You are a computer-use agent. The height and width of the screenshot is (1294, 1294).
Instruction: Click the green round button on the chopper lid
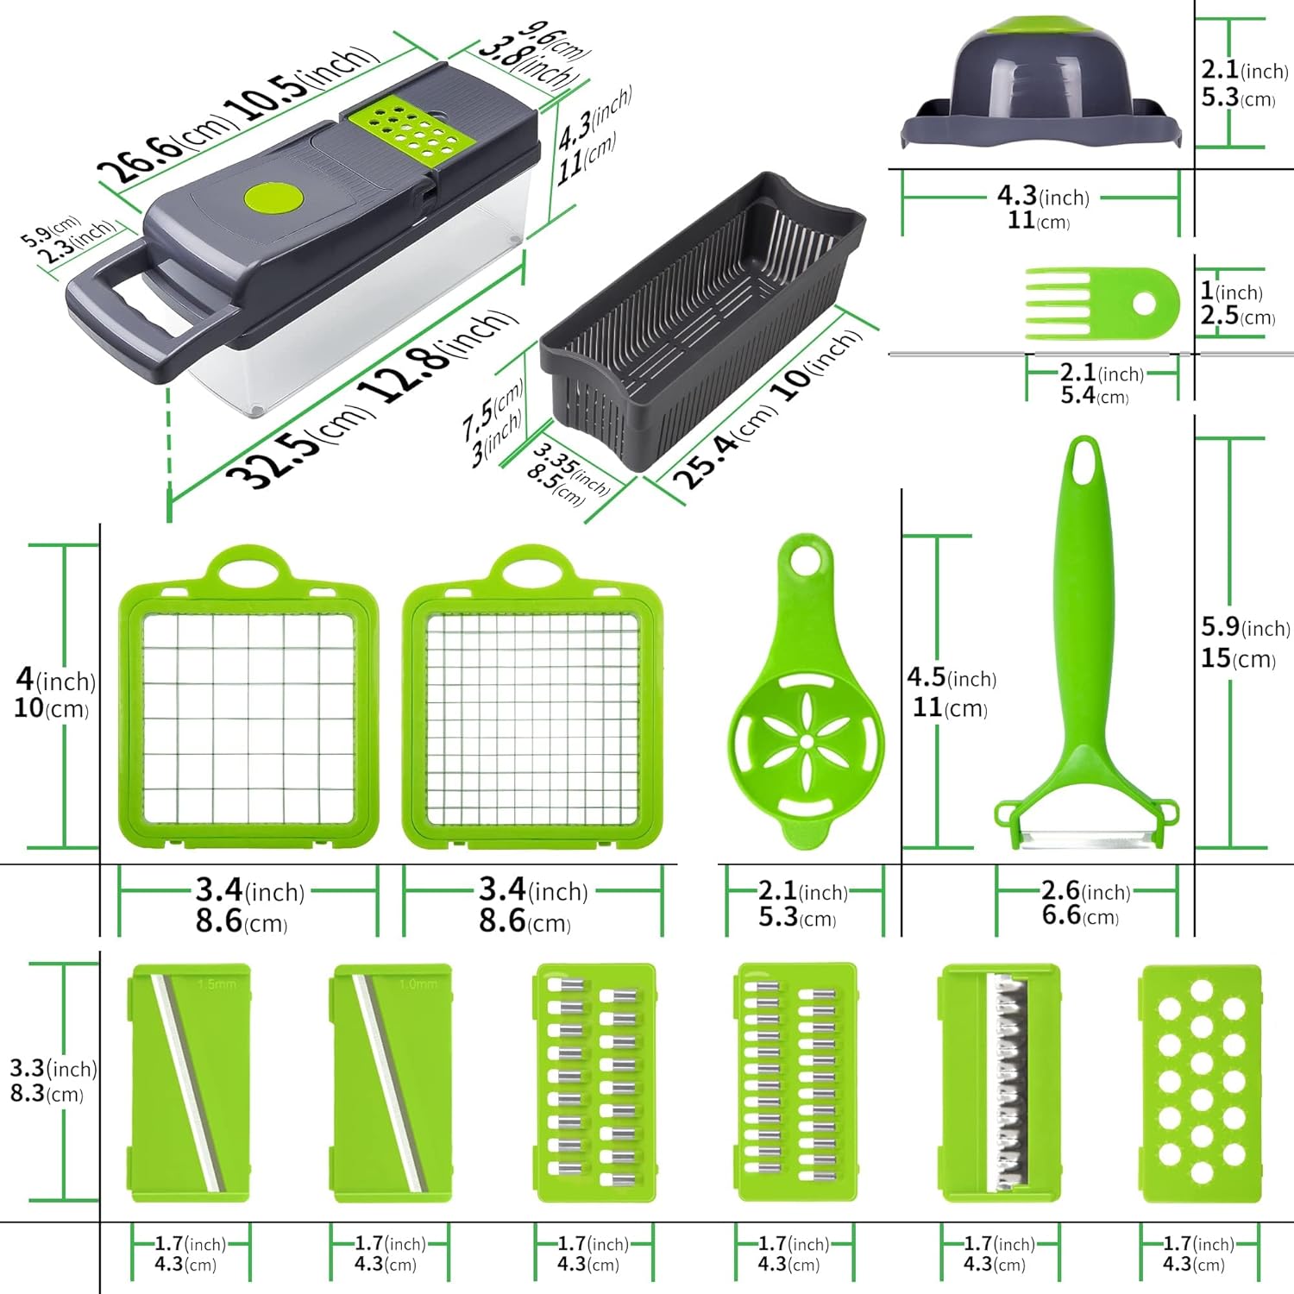[274, 198]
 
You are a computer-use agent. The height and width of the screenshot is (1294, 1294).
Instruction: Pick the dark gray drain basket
[702, 319]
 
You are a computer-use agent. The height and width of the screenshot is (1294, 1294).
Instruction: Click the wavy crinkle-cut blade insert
[1000, 1084]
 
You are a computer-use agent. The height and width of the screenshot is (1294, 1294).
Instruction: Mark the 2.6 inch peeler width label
[1085, 890]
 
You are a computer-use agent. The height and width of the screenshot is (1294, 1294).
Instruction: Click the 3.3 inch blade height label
[53, 1068]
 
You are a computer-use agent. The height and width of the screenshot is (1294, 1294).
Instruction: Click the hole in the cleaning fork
[1145, 304]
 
